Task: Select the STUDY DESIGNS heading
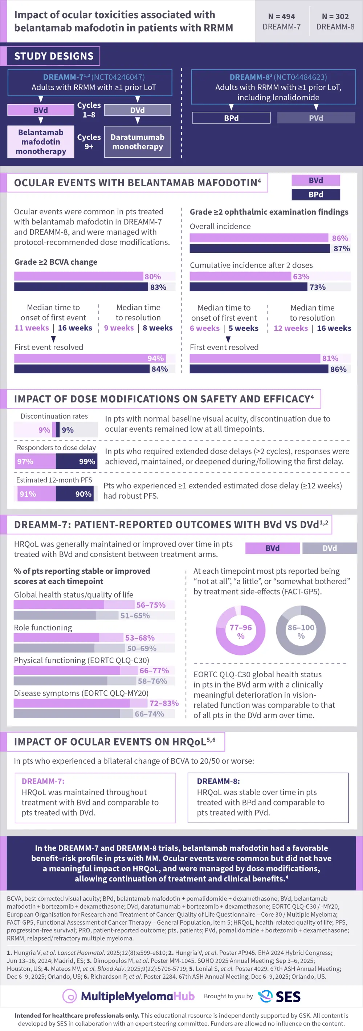point(54,56)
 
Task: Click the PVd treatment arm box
point(316,118)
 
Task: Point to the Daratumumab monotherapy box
point(137,142)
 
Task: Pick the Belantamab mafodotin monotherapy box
point(41,142)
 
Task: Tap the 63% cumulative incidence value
point(301,277)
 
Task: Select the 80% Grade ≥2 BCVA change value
point(152,277)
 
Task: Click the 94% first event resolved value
point(156,358)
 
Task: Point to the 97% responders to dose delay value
point(25,462)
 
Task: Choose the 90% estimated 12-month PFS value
point(83,494)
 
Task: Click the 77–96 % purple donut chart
point(241,631)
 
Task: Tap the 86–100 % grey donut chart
point(301,631)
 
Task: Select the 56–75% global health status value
point(151,605)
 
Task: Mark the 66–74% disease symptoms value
point(149,714)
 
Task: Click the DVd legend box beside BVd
point(329,548)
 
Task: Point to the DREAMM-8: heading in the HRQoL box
point(218,781)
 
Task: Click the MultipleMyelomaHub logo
point(129,996)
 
